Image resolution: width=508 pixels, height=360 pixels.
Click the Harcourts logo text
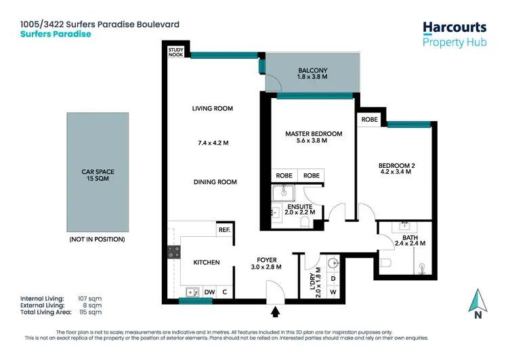(454, 27)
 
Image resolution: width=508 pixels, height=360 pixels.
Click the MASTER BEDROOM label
(313, 134)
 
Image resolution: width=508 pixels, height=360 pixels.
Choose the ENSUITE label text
(299, 206)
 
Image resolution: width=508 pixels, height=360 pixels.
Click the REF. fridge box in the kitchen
(224, 230)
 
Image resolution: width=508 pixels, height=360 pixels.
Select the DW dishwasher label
(210, 292)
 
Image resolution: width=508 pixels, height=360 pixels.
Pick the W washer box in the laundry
(333, 292)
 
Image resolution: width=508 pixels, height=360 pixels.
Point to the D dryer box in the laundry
(333, 278)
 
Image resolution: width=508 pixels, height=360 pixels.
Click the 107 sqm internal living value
(91, 298)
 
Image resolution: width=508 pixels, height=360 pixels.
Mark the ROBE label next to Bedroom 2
(370, 119)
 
